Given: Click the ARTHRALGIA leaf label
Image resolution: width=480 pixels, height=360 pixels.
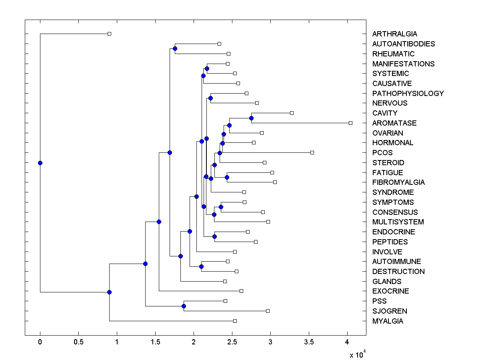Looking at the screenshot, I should coord(394,34).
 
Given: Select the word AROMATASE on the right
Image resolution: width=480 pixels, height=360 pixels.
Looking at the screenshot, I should coord(394,123).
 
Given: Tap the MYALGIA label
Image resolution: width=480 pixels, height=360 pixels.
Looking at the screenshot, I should coord(388,321).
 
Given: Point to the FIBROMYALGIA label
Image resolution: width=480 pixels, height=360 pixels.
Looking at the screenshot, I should coord(398,182).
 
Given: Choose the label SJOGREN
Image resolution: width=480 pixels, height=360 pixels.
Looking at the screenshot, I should coord(390,311).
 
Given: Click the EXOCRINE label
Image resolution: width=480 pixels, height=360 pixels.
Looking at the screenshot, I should coord(390,291).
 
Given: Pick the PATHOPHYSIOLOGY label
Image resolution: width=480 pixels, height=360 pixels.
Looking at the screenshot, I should coord(408,94).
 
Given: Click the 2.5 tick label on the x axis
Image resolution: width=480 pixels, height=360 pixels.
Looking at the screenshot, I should coord(232,342).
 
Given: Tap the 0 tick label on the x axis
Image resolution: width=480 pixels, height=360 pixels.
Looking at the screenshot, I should coord(40,342).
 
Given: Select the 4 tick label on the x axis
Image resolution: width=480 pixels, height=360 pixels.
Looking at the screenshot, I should coord(347,342).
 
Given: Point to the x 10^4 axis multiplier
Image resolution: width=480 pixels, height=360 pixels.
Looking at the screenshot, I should coord(357,354).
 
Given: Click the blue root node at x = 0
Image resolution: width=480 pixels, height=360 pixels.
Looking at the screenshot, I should coord(40,163).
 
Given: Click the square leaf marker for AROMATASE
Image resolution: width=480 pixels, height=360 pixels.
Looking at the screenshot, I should coord(350,123).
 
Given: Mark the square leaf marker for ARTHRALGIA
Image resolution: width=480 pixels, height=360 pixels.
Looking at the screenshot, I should coord(109,34).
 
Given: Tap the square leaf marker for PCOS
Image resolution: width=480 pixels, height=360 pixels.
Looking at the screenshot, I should coord(312,152).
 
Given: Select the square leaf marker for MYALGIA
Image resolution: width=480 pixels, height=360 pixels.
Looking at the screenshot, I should coord(235,321).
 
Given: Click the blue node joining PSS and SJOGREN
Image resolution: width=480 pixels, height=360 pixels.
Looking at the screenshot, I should coord(184,306).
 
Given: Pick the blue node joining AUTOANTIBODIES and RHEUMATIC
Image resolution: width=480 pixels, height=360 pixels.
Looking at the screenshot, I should coord(175,48).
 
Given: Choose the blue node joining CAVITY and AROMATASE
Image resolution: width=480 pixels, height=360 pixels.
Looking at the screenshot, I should coord(251,118).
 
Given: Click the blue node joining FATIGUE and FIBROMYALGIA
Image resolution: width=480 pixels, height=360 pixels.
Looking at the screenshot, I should coord(227,177).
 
